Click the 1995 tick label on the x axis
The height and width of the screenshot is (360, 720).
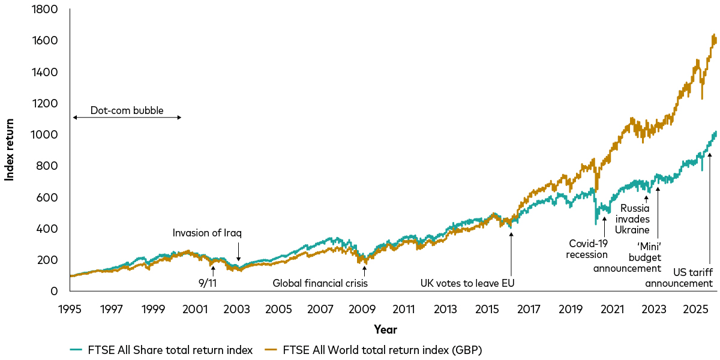70,310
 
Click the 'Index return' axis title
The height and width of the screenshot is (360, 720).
10,150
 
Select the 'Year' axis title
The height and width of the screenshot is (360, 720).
385,329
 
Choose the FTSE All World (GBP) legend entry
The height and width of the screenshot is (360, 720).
374,349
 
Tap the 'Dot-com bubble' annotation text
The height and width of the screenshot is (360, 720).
127,110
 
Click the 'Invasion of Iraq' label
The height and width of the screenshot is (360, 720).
206,233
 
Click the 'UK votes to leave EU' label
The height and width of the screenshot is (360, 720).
468,283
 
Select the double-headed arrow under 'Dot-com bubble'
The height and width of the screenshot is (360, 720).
127,117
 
